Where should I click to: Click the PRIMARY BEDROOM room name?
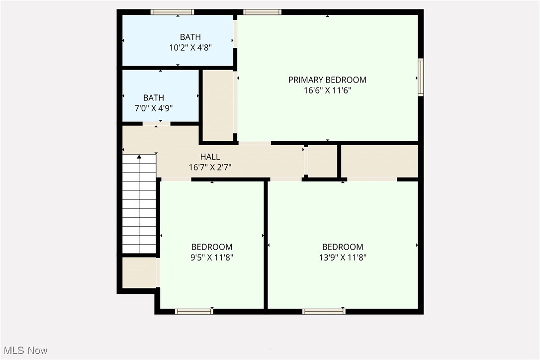pyautogui.click(x=327, y=80)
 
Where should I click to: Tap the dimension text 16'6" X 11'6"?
pyautogui.click(x=327, y=90)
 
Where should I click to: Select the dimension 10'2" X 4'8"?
pyautogui.click(x=190, y=48)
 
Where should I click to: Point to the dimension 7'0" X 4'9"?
pyautogui.click(x=153, y=108)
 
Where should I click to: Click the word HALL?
pyautogui.click(x=210, y=157)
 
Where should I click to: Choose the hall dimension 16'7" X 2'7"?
pyautogui.click(x=210, y=168)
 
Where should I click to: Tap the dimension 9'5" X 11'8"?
pyautogui.click(x=212, y=258)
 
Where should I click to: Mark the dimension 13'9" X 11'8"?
pyautogui.click(x=343, y=258)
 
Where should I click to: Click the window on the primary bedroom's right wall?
pyautogui.click(x=421, y=77)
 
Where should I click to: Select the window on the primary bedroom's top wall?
pyautogui.click(x=262, y=12)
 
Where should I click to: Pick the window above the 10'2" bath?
pyautogui.click(x=172, y=12)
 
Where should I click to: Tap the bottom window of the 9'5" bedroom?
pyautogui.click(x=194, y=312)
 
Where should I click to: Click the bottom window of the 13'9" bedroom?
pyautogui.click(x=324, y=312)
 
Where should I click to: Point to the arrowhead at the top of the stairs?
pyautogui.click(x=139, y=157)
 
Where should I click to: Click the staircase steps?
pyautogui.click(x=139, y=209)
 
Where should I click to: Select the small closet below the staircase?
pyautogui.click(x=139, y=272)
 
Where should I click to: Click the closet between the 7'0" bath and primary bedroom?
pyautogui.click(x=218, y=105)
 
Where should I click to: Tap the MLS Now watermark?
pyautogui.click(x=24, y=351)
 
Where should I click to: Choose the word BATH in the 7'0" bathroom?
pyautogui.click(x=153, y=98)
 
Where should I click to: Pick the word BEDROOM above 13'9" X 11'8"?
pyautogui.click(x=343, y=247)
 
